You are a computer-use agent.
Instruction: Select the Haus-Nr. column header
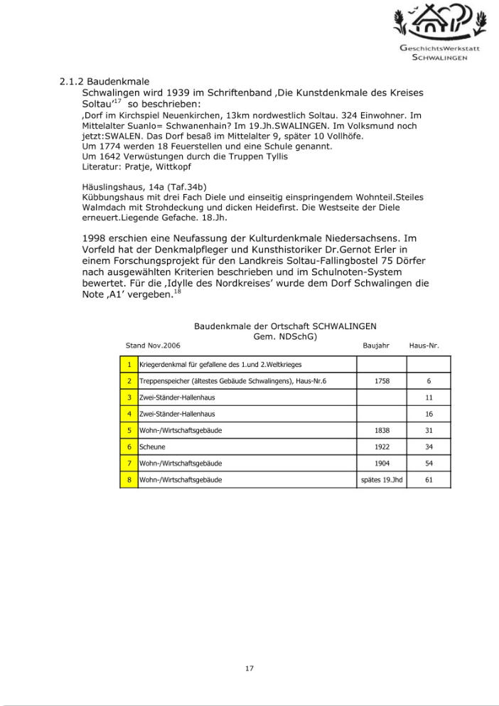(424, 346)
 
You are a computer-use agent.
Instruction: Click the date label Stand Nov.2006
(153, 346)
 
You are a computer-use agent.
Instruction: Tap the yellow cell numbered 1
(129, 365)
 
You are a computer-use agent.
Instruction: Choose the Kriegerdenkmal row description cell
(247, 365)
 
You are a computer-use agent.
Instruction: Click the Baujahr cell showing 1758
(381, 381)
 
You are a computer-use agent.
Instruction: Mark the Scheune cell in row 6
(247, 446)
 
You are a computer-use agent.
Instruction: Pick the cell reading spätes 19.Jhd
(381, 480)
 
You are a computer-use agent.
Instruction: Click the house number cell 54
(429, 463)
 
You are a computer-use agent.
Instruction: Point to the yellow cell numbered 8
(129, 480)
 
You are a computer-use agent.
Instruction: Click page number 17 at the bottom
(249, 668)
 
